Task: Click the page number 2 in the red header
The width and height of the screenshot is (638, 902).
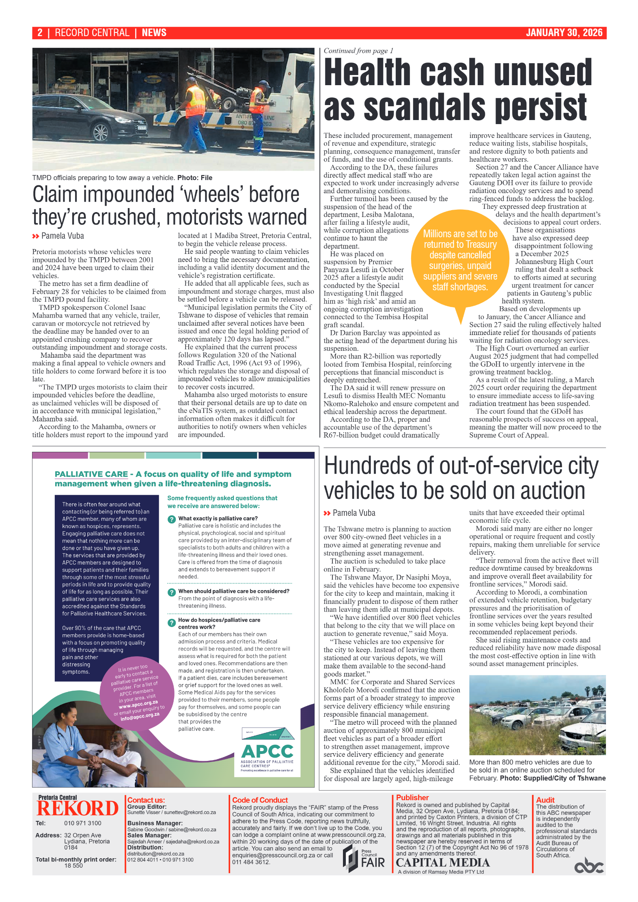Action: click(x=40, y=33)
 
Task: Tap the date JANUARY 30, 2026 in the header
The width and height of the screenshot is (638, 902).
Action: click(x=564, y=33)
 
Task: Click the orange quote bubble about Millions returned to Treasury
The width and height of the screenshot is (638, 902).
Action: click(x=460, y=260)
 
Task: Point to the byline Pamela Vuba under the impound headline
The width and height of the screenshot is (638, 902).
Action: click(x=63, y=236)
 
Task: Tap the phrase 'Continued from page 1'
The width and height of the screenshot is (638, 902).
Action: click(x=358, y=51)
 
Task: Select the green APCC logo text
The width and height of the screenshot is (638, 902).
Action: click(x=267, y=752)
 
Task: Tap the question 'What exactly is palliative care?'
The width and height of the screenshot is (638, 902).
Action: click(x=218, y=518)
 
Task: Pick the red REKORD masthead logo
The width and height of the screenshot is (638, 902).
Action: click(x=77, y=808)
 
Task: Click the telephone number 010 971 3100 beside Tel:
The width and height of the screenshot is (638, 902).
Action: click(x=82, y=823)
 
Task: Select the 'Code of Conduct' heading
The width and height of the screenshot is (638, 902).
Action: click(x=260, y=800)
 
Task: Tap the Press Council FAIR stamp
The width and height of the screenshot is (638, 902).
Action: click(x=363, y=858)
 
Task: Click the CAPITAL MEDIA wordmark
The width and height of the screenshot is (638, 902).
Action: click(x=443, y=863)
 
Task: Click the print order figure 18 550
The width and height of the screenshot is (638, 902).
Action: click(x=73, y=865)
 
